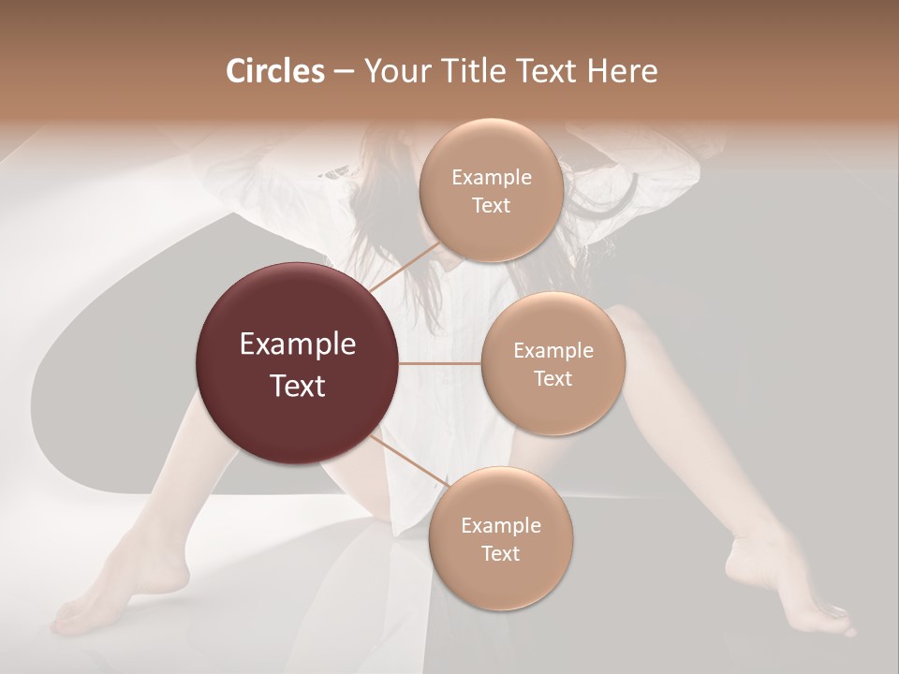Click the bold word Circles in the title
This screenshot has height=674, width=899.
274,71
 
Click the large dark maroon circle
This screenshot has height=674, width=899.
297,363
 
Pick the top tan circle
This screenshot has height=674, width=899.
491,190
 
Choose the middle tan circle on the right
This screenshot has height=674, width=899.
553,363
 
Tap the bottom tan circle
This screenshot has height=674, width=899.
500,538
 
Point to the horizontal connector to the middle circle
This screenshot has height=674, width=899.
439,363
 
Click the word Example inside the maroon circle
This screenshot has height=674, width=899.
297,344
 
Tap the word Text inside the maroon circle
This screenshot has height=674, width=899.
297,385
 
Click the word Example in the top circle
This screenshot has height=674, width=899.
491,177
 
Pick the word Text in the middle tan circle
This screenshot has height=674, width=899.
553,378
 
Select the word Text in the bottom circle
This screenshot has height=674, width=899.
500,553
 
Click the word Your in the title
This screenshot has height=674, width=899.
394,71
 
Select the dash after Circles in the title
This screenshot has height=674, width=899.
343,72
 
